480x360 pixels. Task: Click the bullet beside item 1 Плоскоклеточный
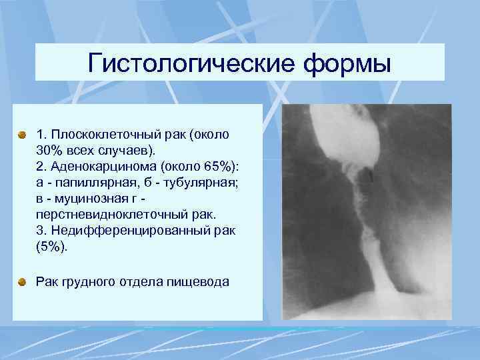[23, 135]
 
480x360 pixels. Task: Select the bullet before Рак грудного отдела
[23, 282]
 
